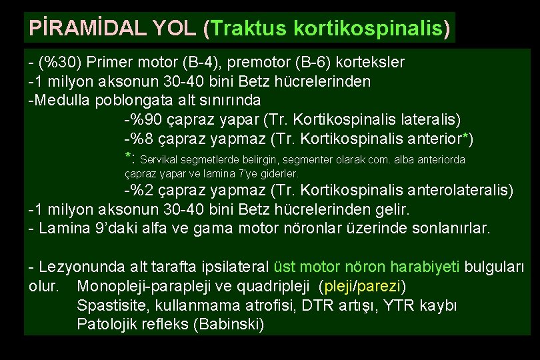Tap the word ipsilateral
pos(233,267)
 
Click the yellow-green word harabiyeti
pos(426,267)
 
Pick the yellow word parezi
pos(381,287)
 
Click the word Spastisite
pos(109,306)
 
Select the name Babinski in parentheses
pos(233,325)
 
